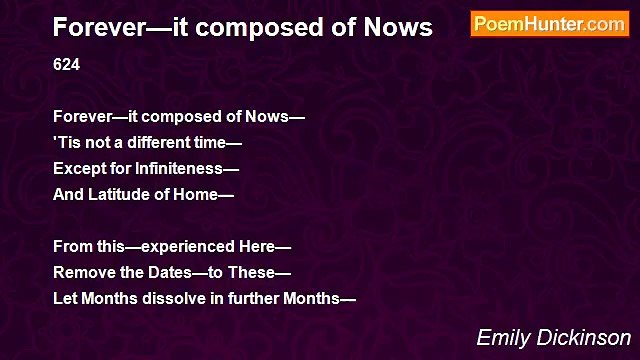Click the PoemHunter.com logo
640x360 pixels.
tap(549, 25)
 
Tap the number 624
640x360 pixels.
tap(66, 65)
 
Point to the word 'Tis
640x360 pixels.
tap(66, 143)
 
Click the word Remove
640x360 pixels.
tap(81, 272)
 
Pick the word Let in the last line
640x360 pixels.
tap(65, 298)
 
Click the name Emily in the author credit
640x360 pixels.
tap(503, 337)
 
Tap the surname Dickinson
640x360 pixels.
tap(584, 337)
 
